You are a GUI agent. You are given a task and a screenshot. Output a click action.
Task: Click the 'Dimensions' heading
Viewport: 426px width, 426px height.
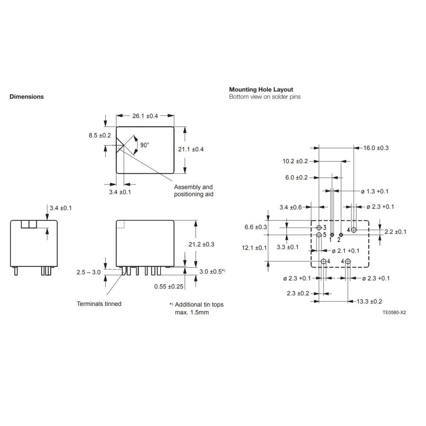pos(26,97)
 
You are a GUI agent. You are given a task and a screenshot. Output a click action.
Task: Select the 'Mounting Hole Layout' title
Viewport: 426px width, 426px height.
pos(261,89)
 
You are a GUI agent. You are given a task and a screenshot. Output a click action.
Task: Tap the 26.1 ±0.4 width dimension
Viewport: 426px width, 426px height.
pos(145,116)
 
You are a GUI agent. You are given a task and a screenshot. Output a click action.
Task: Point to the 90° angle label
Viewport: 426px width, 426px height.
pos(145,145)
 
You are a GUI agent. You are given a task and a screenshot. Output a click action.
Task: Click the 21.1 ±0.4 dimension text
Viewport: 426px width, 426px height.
pos(191,149)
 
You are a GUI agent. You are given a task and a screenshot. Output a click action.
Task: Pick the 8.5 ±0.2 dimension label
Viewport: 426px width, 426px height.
pos(100,135)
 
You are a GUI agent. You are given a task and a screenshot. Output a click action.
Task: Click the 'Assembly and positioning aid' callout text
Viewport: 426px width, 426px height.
pos(194,190)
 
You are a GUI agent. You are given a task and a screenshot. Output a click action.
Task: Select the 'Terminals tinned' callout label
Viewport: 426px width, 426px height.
pos(99,304)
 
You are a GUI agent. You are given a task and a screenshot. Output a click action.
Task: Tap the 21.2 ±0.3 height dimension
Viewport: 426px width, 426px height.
pos(201,244)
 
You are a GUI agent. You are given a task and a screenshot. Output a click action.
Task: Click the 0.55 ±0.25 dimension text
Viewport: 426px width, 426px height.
pos(169,286)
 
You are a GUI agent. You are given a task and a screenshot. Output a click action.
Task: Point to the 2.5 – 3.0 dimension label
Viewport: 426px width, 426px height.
pos(89,272)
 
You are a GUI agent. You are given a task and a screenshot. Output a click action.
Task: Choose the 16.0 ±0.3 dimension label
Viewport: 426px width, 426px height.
pos(376,148)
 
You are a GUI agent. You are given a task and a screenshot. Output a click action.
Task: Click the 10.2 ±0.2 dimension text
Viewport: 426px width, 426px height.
pos(295,161)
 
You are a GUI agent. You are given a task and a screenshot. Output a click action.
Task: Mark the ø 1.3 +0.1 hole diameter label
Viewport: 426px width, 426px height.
pos(374,191)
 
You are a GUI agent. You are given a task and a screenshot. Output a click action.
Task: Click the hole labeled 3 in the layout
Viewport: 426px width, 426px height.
pos(319,227)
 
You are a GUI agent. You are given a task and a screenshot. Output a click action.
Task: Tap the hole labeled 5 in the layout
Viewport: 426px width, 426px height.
pos(319,234)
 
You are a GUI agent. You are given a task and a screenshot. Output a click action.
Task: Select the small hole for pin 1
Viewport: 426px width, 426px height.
pos(332,235)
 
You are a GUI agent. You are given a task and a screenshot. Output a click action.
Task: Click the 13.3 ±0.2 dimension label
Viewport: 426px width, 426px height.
pos(369,301)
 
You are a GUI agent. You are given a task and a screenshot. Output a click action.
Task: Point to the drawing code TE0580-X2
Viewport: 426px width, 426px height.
pos(394,312)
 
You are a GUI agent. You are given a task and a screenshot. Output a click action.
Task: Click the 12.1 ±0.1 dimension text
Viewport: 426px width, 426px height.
pos(254,248)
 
